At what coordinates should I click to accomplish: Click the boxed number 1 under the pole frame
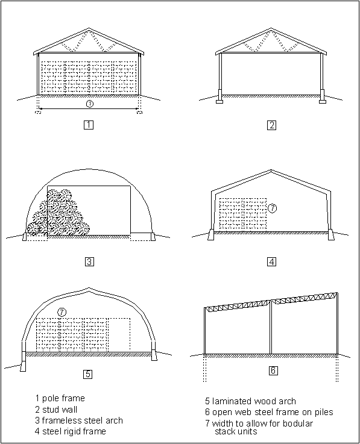[89, 125]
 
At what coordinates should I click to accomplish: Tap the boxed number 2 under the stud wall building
[271, 125]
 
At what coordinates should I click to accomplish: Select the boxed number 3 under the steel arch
[89, 261]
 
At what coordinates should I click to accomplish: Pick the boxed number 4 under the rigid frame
[271, 261]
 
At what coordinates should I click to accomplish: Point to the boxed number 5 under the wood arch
[88, 374]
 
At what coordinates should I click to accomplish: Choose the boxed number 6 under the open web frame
[273, 371]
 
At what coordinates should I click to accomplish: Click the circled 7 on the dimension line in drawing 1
[90, 104]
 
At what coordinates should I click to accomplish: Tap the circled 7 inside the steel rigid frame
[272, 208]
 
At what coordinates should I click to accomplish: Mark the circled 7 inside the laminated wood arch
[62, 312]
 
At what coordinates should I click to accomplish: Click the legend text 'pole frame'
[63, 398]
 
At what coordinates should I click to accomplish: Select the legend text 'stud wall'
[60, 410]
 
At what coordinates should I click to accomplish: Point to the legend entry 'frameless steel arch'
[83, 421]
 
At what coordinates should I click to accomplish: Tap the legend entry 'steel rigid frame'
[74, 431]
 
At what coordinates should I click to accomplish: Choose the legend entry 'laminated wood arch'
[254, 401]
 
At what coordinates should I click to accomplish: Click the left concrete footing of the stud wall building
[219, 96]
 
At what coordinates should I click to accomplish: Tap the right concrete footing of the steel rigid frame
[330, 235]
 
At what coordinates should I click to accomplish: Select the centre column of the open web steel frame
[271, 327]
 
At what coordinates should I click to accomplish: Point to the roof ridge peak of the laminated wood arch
[89, 289]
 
